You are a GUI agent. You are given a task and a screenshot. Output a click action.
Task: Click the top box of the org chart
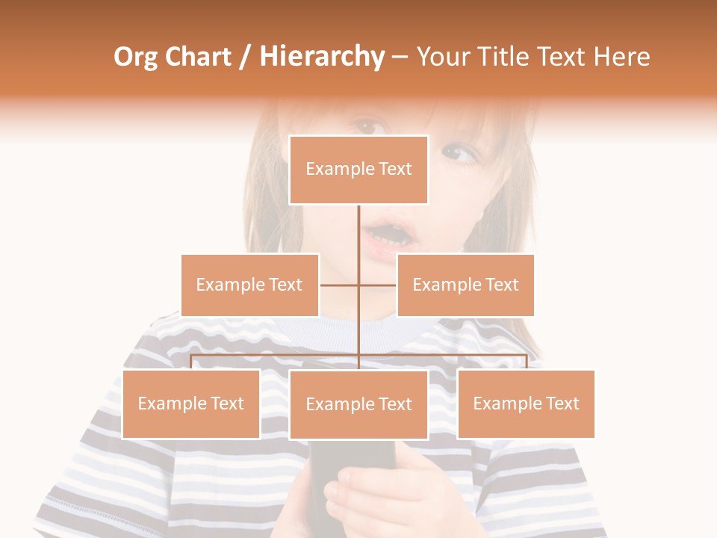click(358, 170)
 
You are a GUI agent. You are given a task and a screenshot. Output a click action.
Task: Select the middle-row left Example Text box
click(249, 285)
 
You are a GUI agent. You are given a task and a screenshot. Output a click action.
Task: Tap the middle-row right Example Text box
click(465, 285)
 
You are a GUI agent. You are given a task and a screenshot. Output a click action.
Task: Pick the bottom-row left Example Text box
click(191, 403)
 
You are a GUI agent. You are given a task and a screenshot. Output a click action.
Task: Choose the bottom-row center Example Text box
click(358, 404)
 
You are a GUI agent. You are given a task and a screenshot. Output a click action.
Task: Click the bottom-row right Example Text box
click(526, 403)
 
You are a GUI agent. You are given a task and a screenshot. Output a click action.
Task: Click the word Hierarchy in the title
click(322, 57)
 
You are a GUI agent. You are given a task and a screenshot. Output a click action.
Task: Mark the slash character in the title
click(246, 58)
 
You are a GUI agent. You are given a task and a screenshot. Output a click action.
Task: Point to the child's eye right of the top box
click(457, 154)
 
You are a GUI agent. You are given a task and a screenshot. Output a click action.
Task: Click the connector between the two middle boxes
click(358, 285)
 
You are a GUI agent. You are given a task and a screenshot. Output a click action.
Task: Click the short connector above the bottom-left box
click(191, 362)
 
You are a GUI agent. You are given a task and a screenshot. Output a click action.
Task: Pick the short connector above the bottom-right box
click(526, 362)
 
